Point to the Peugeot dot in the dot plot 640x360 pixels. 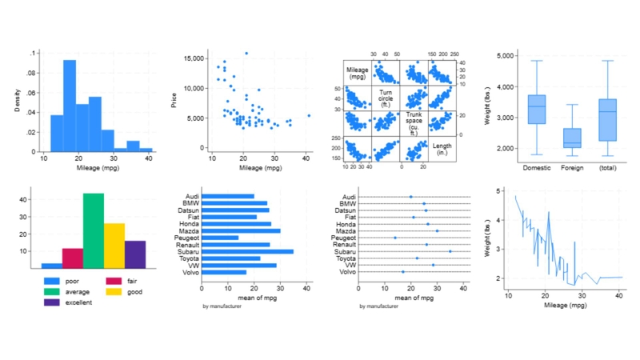394,238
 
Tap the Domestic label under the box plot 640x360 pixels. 537,169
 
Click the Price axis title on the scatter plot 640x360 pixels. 174,101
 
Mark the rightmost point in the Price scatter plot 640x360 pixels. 309,116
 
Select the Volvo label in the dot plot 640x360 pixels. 345,272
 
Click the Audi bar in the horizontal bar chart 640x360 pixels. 228,196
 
